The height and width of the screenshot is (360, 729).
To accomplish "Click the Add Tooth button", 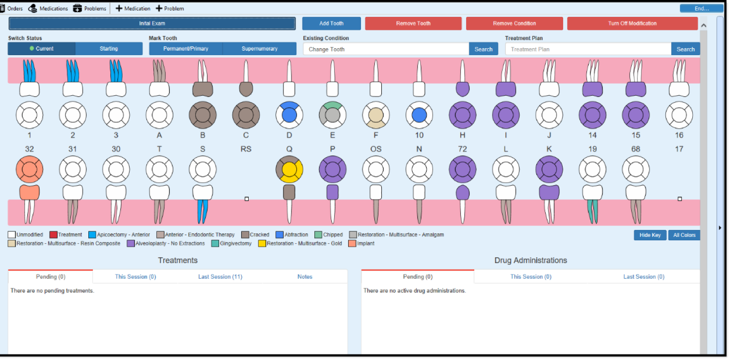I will [x=331, y=23].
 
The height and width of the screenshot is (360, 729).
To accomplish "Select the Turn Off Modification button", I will [x=632, y=23].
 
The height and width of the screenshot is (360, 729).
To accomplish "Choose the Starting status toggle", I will [x=109, y=49].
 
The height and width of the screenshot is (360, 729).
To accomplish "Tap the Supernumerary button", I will [x=259, y=49].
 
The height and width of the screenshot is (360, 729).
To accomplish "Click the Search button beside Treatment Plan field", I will [x=685, y=49].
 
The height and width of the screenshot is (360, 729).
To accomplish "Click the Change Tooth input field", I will [x=386, y=49].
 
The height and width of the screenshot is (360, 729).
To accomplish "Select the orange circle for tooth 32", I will [x=29, y=169].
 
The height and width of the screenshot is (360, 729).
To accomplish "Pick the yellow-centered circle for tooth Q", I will [x=289, y=169].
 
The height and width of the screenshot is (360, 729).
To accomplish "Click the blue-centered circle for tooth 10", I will [x=419, y=115].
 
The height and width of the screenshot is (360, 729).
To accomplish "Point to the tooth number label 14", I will [x=592, y=135].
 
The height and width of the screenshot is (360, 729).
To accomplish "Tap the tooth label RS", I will [x=246, y=149].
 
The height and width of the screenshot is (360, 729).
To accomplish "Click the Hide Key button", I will [x=650, y=235].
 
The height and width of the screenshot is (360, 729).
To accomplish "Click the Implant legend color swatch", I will [x=352, y=243].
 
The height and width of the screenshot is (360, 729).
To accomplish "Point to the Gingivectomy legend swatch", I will [x=215, y=243].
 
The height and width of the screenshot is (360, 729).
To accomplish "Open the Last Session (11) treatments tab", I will [x=220, y=277].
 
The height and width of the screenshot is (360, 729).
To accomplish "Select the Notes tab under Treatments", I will [x=305, y=277].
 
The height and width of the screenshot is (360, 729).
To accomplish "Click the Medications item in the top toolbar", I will [x=49, y=8].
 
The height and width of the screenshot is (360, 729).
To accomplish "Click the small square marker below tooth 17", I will [x=679, y=199].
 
